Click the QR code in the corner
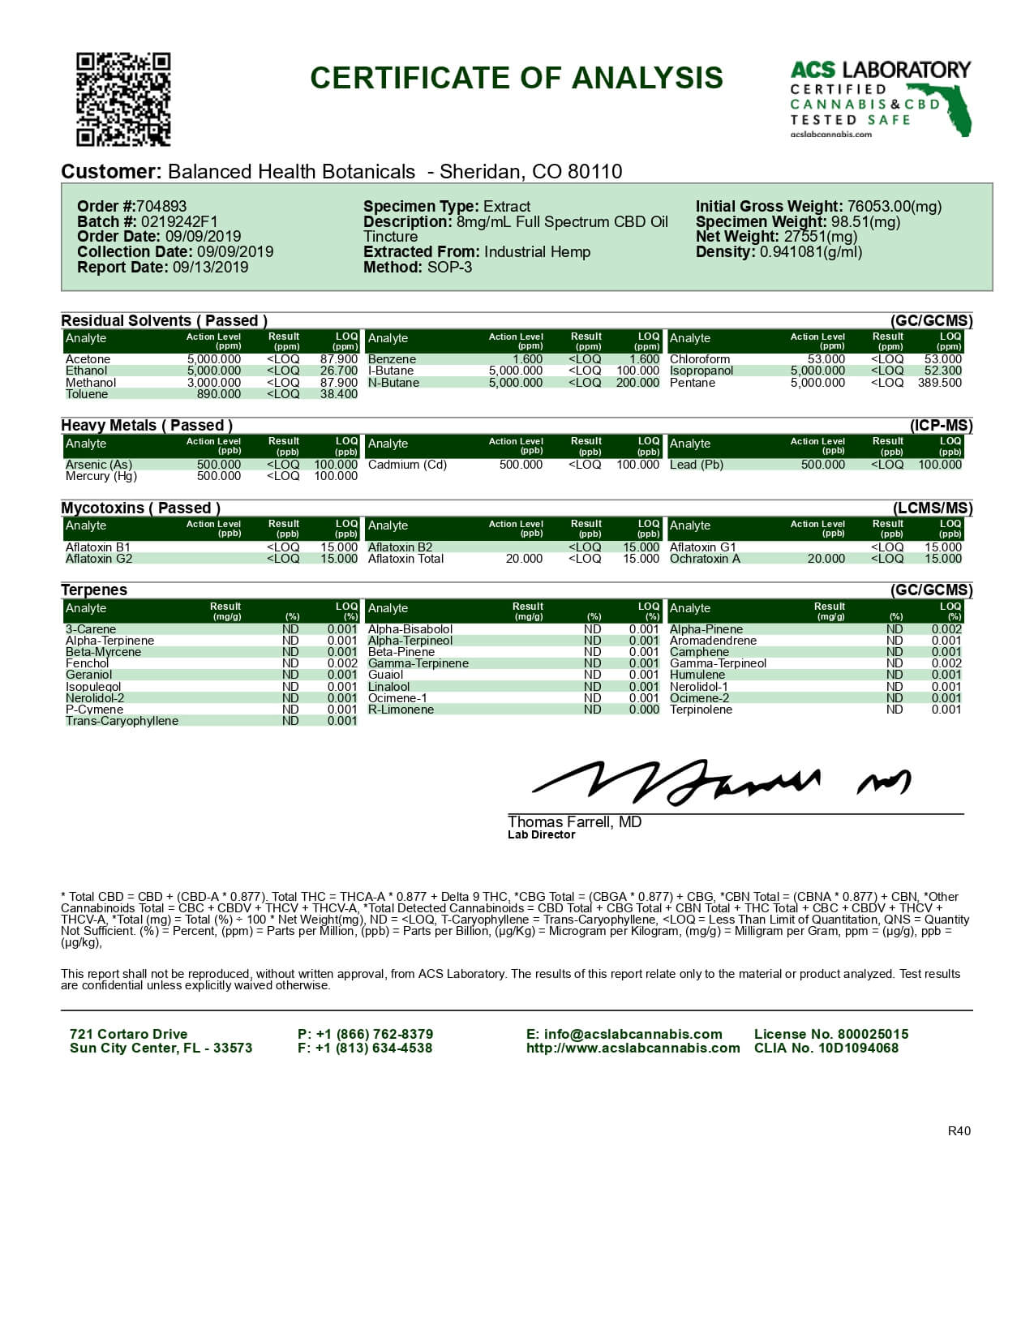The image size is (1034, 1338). coord(123,99)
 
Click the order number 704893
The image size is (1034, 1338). coord(161,207)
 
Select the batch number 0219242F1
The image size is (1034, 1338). coord(179,221)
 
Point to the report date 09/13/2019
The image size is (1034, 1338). coord(210,267)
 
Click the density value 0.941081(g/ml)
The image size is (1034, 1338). coord(810,252)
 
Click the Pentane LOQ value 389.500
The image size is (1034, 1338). coord(939,383)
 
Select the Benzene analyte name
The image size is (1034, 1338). coord(392,359)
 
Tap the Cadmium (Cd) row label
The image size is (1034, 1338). coord(407,465)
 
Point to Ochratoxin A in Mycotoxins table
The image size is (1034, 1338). coord(705,559)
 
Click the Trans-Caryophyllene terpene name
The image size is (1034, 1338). coord(122,721)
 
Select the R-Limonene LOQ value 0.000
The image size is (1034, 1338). coord(644,710)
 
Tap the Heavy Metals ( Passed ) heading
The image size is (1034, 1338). coord(147,425)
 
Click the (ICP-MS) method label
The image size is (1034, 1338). coord(941,426)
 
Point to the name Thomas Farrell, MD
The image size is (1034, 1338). coord(574,821)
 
